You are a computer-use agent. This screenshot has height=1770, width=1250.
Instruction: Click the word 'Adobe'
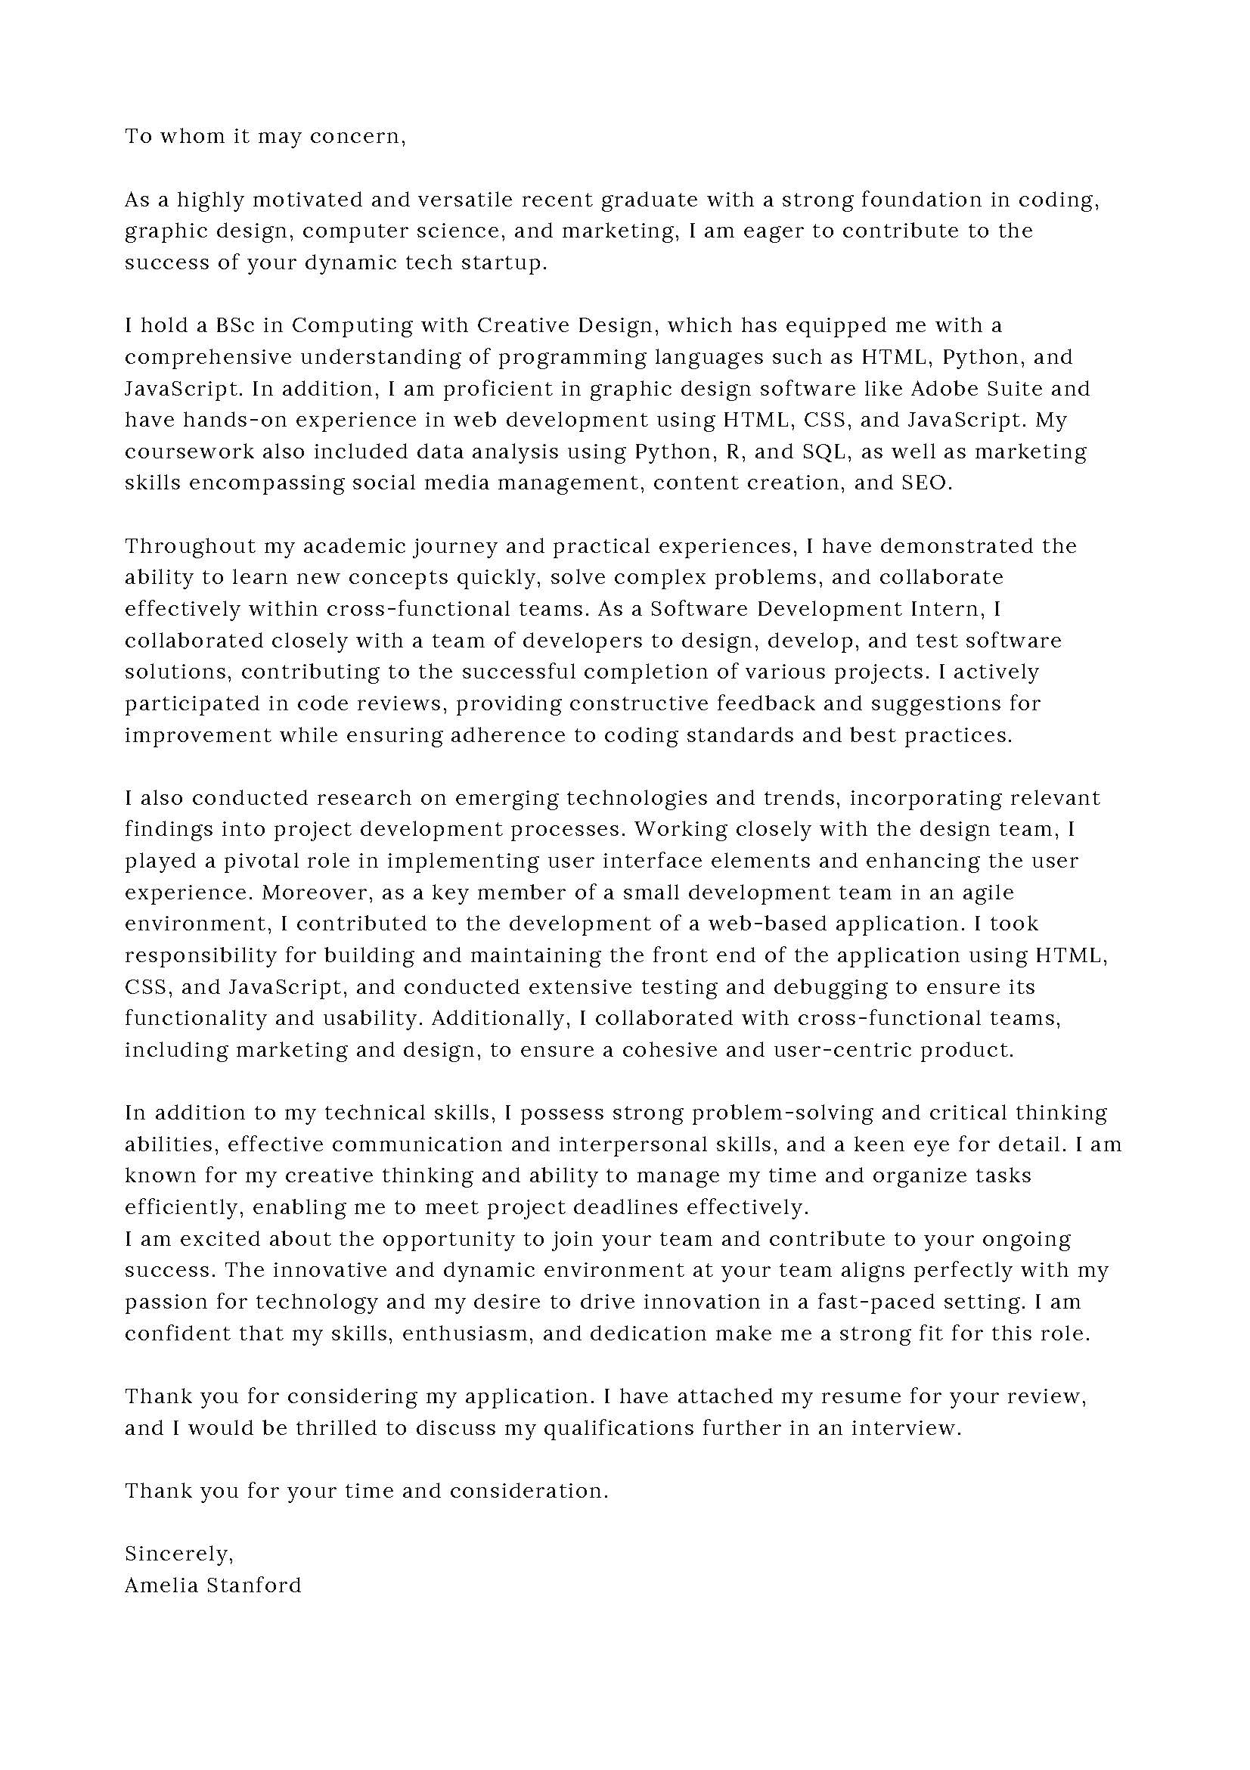click(944, 389)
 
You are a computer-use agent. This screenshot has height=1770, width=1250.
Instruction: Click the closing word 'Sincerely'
click(177, 1554)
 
